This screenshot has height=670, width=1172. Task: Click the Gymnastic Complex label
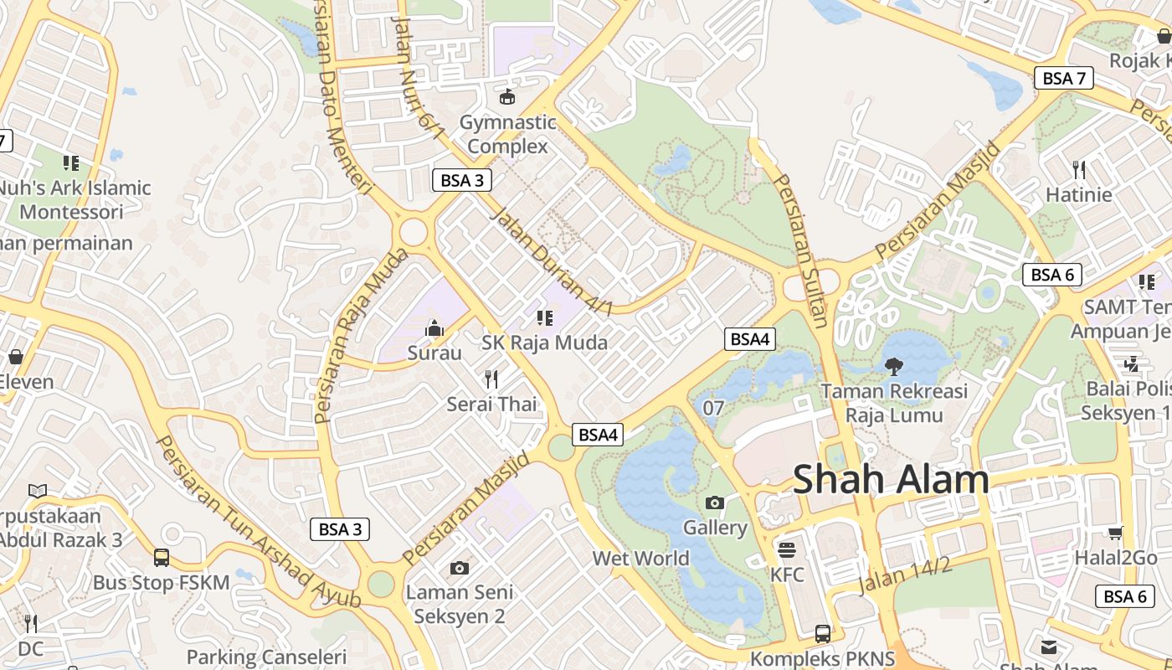tap(507, 134)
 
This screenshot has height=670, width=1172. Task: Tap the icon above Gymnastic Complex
tap(507, 97)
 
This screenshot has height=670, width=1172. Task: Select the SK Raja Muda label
tap(544, 343)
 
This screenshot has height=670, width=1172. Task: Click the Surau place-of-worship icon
tap(434, 328)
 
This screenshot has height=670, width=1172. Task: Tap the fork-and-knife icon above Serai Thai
tap(491, 379)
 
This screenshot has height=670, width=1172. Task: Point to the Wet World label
tap(640, 559)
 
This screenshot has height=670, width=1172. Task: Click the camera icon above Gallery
tap(714, 502)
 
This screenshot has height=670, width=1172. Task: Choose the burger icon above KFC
tap(786, 549)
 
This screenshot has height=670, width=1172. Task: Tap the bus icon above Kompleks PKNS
tap(823, 633)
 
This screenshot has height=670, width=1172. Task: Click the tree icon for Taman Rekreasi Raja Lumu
tap(894, 365)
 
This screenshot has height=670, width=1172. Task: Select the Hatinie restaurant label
tap(1078, 195)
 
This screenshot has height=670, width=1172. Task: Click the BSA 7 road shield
tap(1064, 79)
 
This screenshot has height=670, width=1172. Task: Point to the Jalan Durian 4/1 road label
tap(551, 262)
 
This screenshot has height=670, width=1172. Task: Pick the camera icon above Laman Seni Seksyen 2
tap(459, 568)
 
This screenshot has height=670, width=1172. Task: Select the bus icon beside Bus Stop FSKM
tap(162, 557)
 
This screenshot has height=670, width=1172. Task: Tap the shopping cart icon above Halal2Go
tap(1115, 533)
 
